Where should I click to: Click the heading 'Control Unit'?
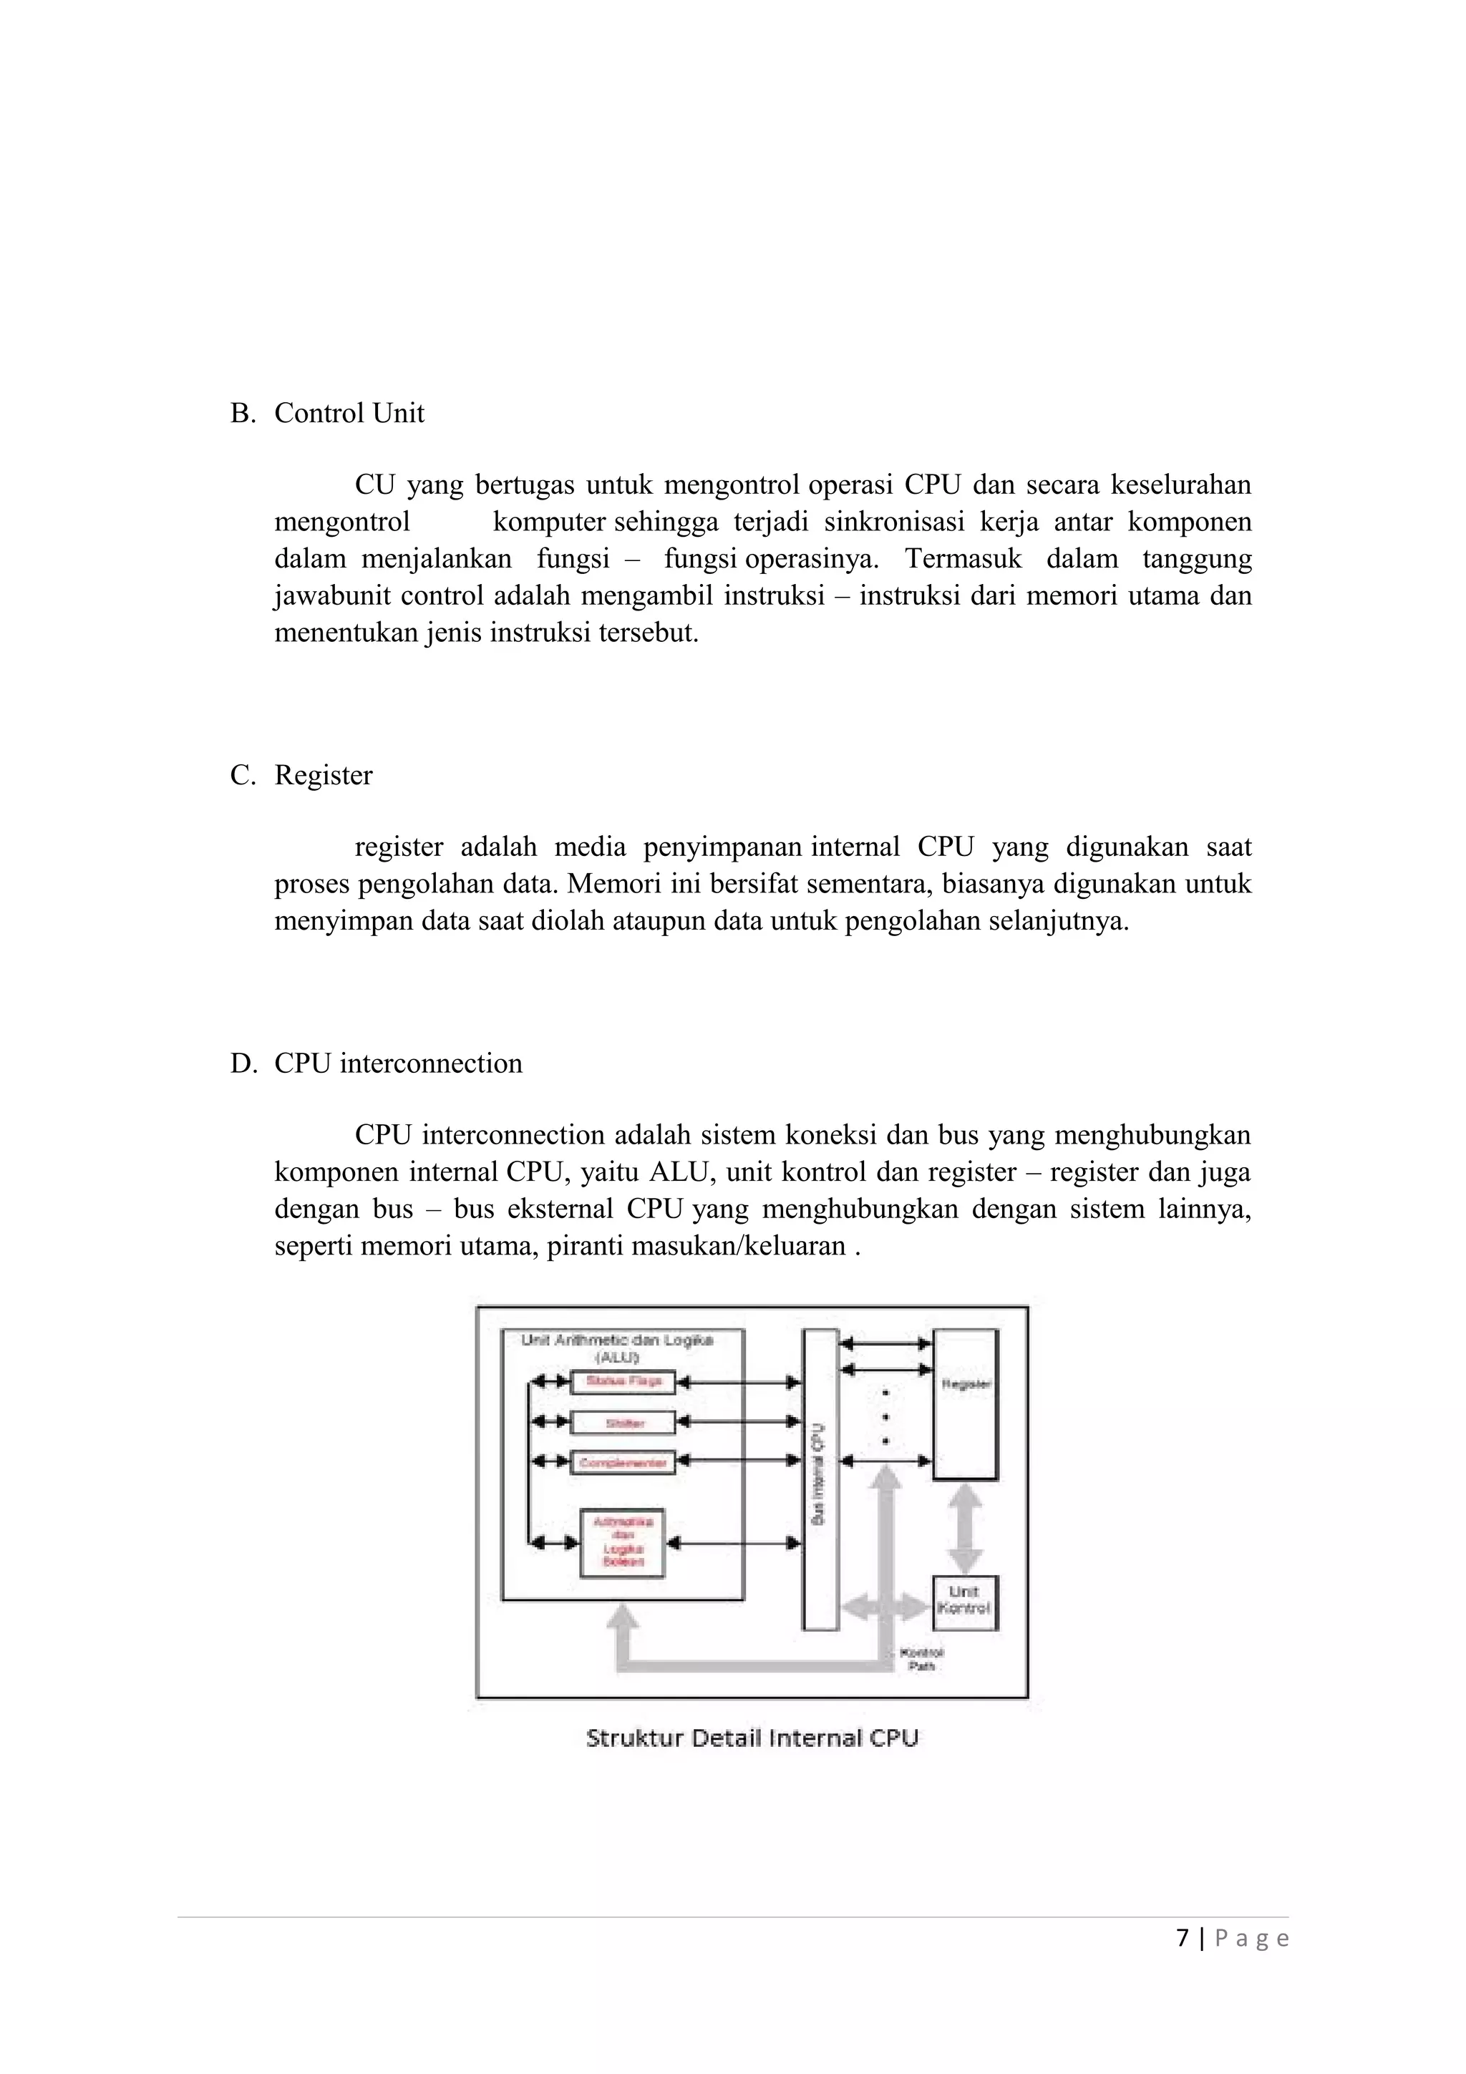pyautogui.click(x=349, y=414)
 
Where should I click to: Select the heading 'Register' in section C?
pyautogui.click(x=324, y=776)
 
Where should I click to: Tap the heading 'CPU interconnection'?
pyautogui.click(x=398, y=1064)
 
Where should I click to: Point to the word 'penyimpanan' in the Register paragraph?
pyautogui.click(x=722, y=847)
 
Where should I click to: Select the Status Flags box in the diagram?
pyautogui.click(x=623, y=1381)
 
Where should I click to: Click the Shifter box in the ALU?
pyautogui.click(x=623, y=1423)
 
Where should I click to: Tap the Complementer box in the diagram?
pyautogui.click(x=623, y=1462)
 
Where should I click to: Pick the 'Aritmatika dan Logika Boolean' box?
pyautogui.click(x=621, y=1542)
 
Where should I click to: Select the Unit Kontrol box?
pyautogui.click(x=965, y=1602)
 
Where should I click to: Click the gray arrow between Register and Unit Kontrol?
pyautogui.click(x=965, y=1527)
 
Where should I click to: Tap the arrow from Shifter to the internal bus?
pyautogui.click(x=739, y=1422)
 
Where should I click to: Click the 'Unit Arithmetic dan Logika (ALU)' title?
pyautogui.click(x=618, y=1348)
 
